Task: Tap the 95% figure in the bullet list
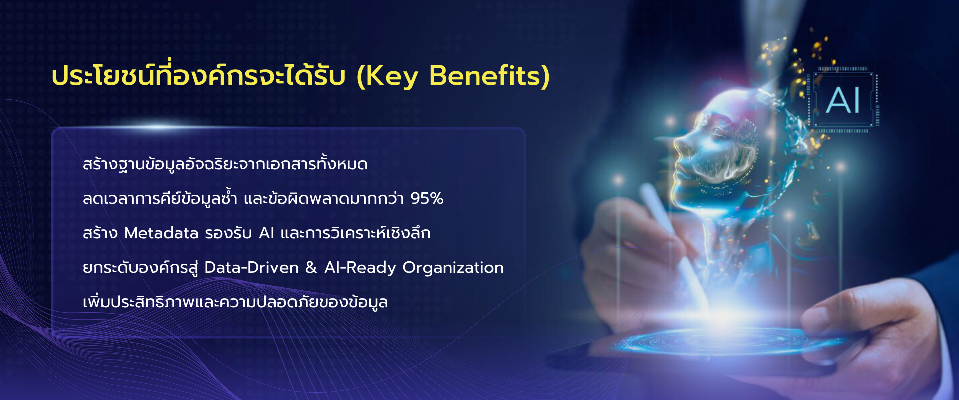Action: [x=427, y=199]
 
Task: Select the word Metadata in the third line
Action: [x=161, y=233]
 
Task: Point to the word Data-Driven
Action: [x=251, y=268]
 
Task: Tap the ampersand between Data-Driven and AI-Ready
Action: [x=311, y=268]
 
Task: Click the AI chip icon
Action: [x=843, y=100]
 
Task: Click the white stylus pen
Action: [x=674, y=245]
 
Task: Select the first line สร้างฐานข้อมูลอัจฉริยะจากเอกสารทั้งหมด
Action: [x=225, y=164]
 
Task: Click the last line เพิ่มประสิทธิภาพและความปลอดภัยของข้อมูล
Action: [x=235, y=302]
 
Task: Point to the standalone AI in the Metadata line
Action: [x=267, y=233]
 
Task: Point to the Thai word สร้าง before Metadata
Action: [x=100, y=233]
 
